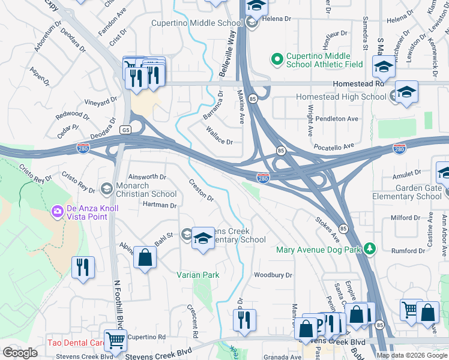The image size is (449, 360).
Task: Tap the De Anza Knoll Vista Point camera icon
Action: [58, 211]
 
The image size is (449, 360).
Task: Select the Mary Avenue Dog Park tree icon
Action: [370, 248]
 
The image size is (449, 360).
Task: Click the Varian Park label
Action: [197, 275]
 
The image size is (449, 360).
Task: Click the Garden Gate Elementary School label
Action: [407, 192]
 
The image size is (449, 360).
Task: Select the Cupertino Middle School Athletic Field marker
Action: [277, 59]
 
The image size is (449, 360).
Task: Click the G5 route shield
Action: [125, 130]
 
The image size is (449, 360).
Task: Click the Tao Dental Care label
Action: [76, 344]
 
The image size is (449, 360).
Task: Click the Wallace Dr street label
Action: [219, 136]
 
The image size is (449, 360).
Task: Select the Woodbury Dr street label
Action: [273, 275]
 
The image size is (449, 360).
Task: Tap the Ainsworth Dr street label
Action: [147, 177]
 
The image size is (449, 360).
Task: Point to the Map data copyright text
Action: [412, 355]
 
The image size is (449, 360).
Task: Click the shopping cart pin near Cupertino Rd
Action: [115, 340]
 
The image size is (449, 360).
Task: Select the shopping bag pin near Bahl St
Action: [145, 258]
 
